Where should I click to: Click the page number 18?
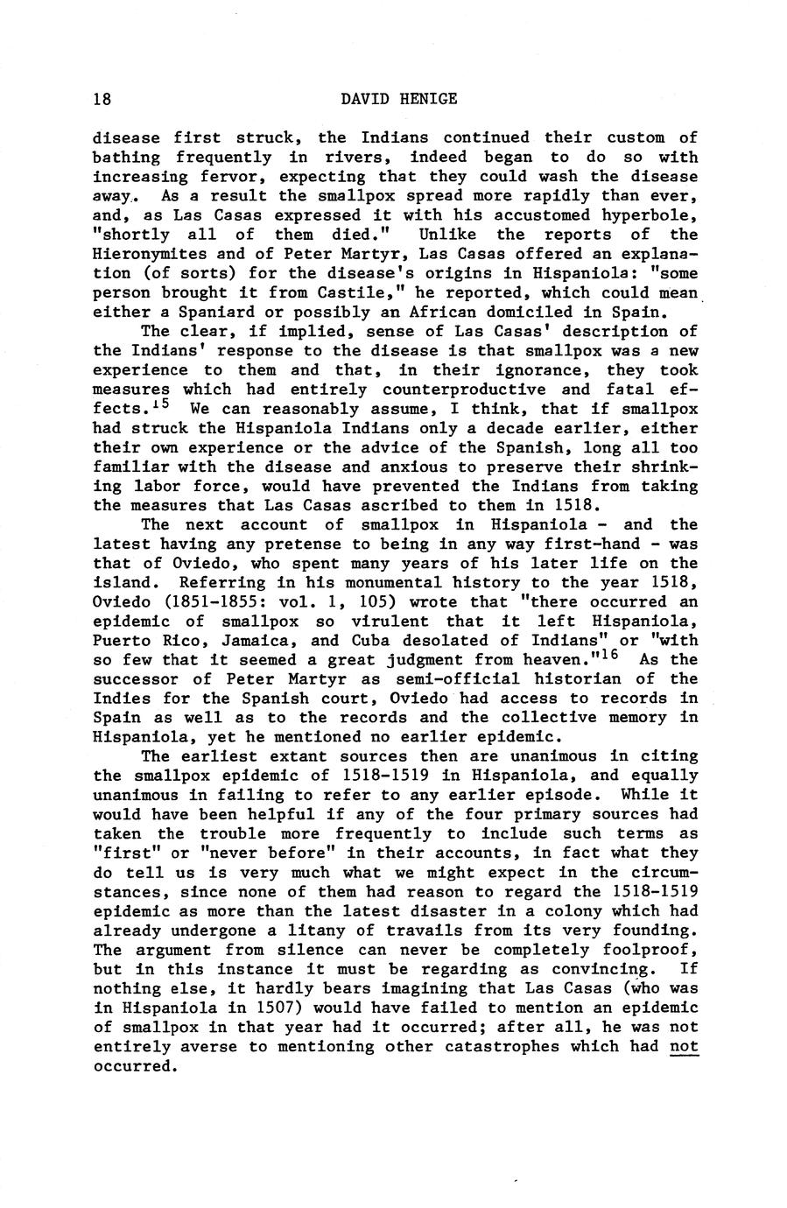pos(102,99)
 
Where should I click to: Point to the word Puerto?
pos(122,641)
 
